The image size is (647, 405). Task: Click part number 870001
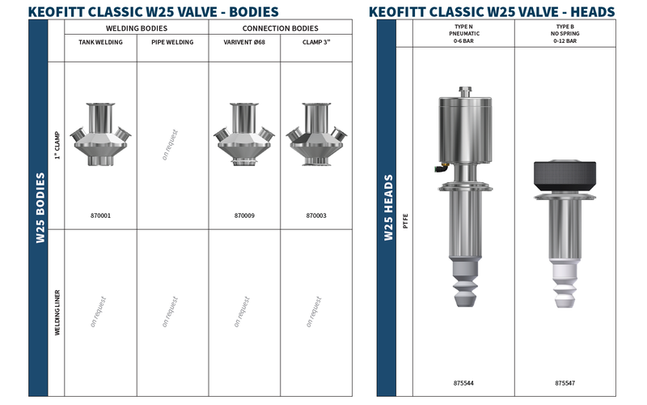tap(100, 215)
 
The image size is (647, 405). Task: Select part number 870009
tap(244, 215)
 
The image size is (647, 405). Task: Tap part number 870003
tap(316, 215)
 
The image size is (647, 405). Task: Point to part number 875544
tap(463, 383)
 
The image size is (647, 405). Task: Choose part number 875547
tap(565, 383)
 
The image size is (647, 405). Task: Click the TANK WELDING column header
tap(100, 42)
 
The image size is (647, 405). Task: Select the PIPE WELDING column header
tap(172, 42)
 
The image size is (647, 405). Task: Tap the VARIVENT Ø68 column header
tap(244, 42)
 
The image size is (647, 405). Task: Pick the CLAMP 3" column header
tap(316, 42)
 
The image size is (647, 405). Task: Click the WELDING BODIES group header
tap(137, 28)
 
